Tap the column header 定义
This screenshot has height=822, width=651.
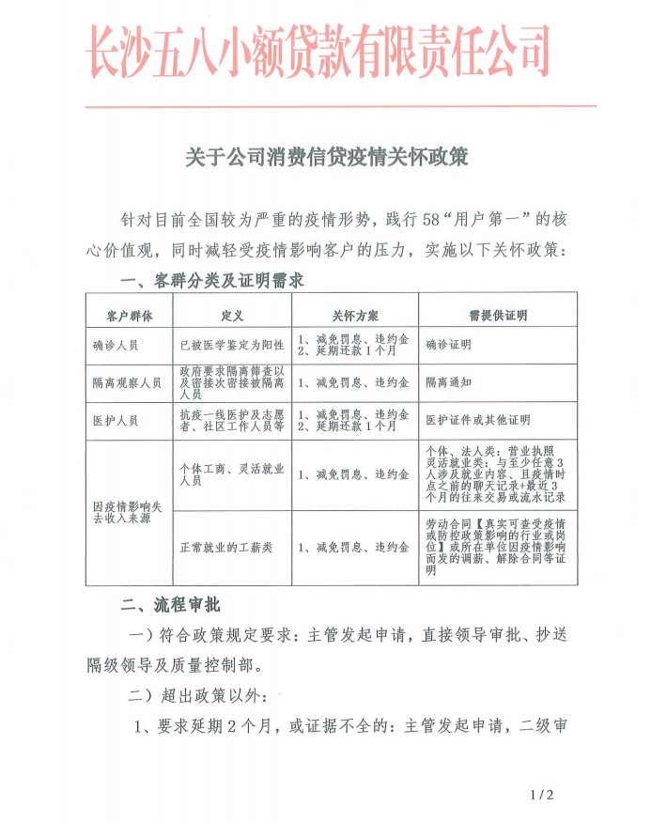click(232, 311)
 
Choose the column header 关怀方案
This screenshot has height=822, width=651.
click(354, 311)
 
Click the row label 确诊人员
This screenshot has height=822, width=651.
click(116, 345)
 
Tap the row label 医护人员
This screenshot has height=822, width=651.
click(116, 420)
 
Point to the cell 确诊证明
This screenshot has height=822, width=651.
click(448, 345)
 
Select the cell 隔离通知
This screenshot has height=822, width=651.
click(448, 383)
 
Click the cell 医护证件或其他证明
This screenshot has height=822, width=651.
click(477, 420)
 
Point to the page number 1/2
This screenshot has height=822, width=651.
click(543, 795)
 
